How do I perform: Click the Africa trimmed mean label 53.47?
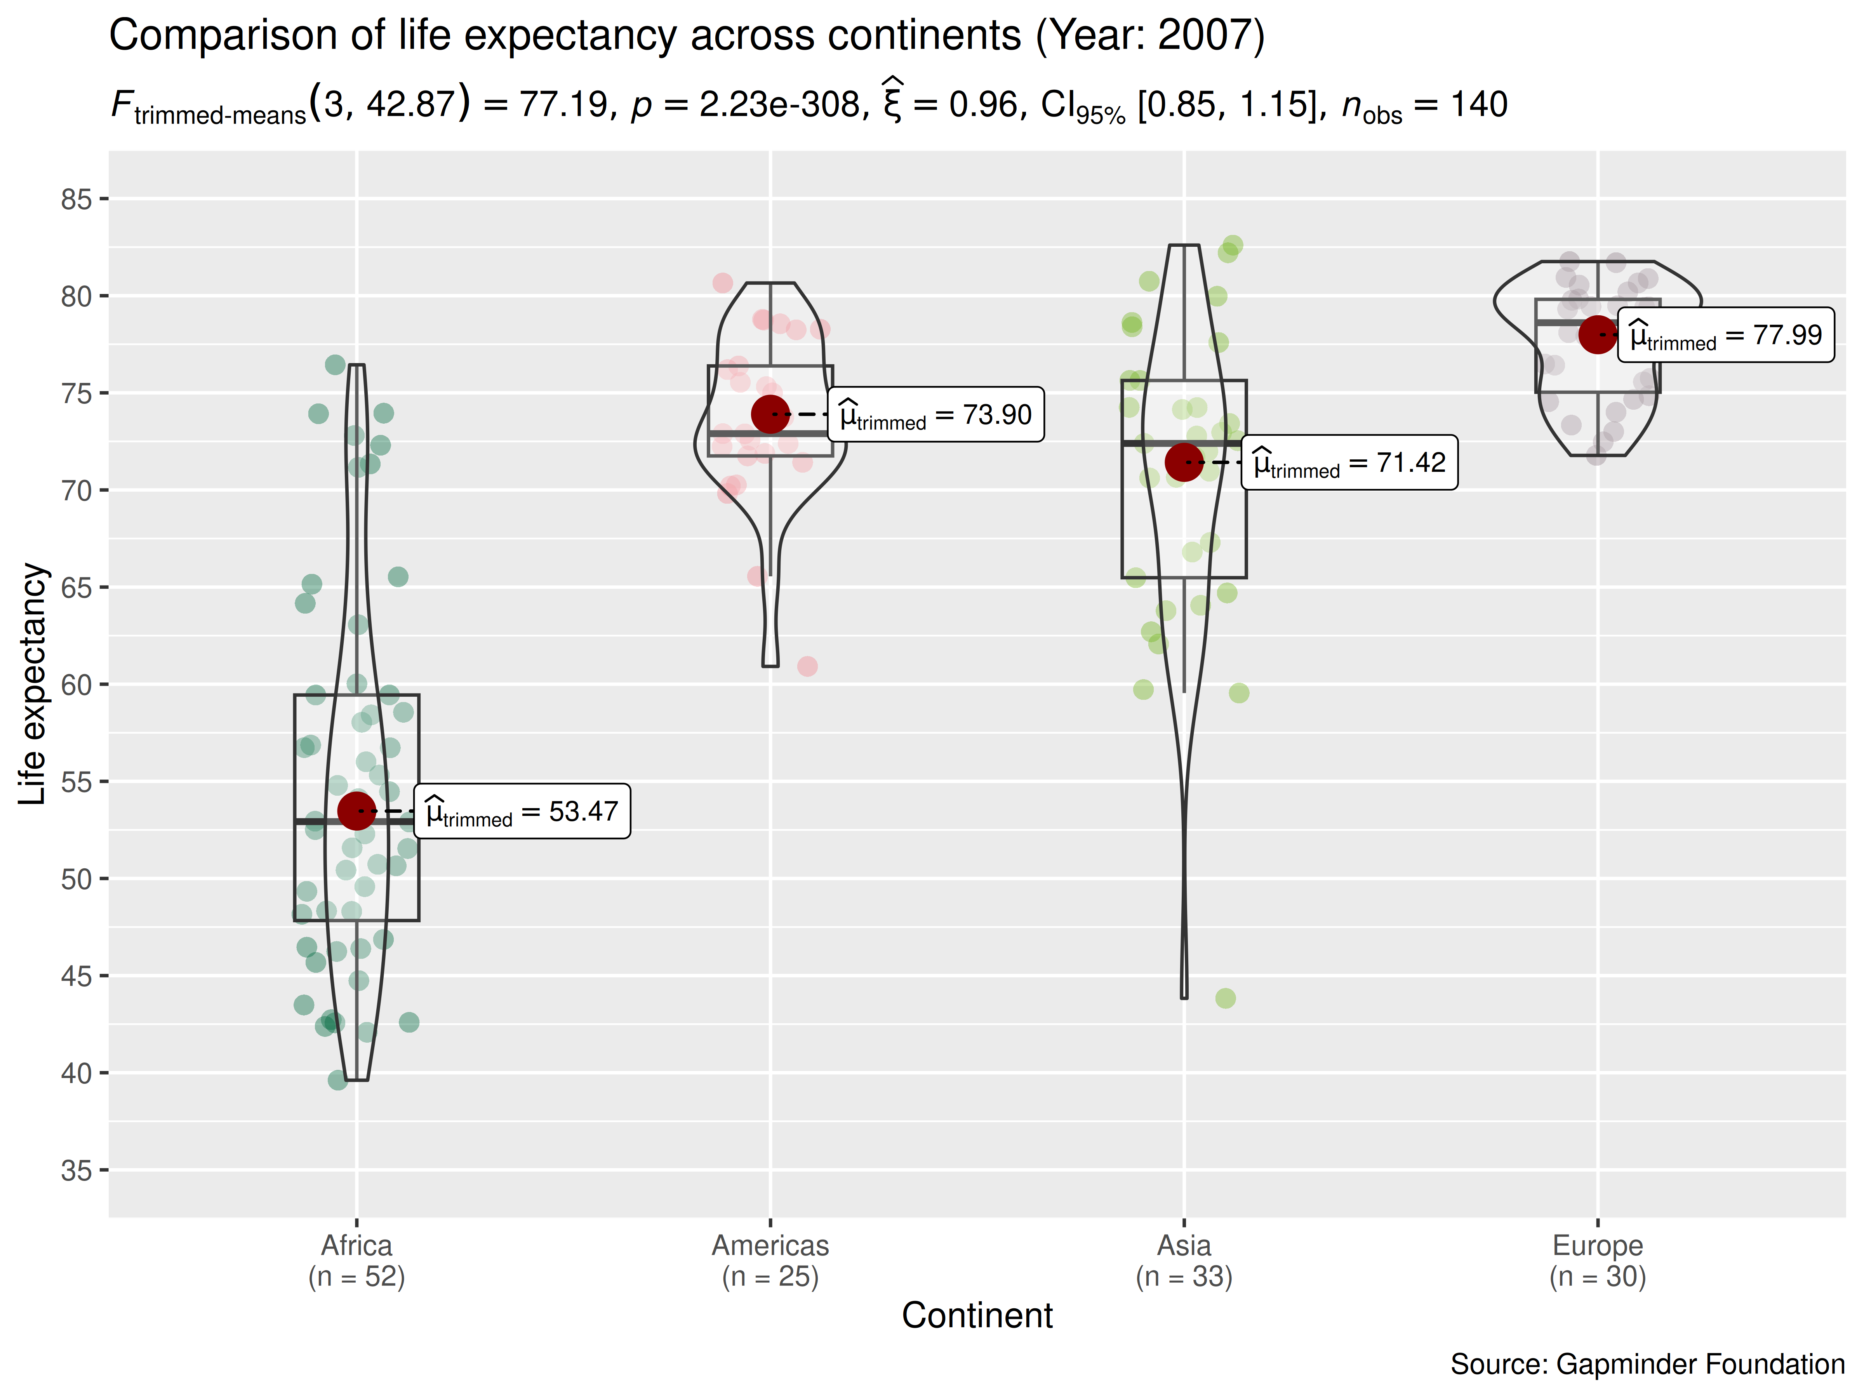tap(522, 812)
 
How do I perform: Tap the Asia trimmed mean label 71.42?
tap(1349, 463)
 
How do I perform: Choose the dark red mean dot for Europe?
tap(1598, 334)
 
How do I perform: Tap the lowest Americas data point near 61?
tap(807, 666)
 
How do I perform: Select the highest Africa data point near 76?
tap(336, 365)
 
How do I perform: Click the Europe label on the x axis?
tap(1598, 1245)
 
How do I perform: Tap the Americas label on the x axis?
tap(770, 1245)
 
